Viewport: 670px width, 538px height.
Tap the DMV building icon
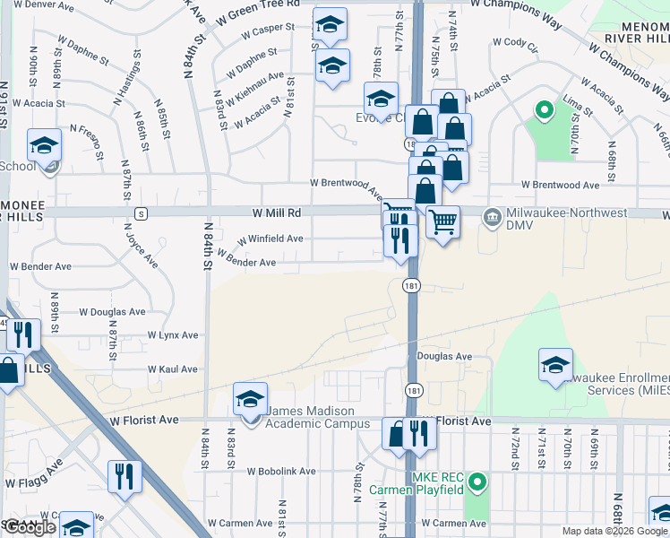[x=492, y=217]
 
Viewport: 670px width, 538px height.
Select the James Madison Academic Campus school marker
[x=250, y=400]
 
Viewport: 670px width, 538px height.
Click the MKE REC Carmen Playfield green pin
[x=477, y=484]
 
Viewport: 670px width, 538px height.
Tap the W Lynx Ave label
[x=173, y=335]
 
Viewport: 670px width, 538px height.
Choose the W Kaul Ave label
[x=173, y=369]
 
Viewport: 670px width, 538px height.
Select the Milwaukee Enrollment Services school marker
[x=555, y=366]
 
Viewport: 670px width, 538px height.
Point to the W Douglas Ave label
[x=112, y=312]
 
